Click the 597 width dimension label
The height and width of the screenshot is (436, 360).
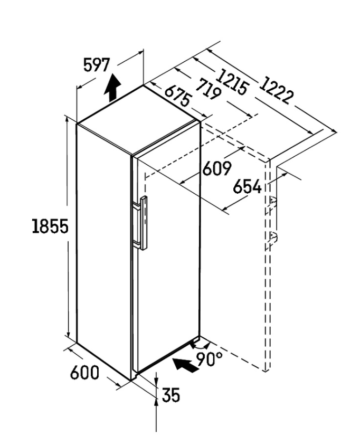pos(97,65)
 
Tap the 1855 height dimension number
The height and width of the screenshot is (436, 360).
pos(50,226)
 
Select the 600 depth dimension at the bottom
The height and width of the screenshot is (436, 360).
pos(84,372)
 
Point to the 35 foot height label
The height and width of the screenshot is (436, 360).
pos(171,395)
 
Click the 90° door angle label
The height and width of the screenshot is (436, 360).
pos(210,359)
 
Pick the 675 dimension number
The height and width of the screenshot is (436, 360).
pos(178,96)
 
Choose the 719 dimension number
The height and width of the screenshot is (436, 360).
pos(208,89)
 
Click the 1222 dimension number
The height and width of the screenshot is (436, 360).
pos(276,90)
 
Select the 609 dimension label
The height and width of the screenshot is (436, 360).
pos(217,168)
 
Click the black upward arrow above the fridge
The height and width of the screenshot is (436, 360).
pos(112,88)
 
